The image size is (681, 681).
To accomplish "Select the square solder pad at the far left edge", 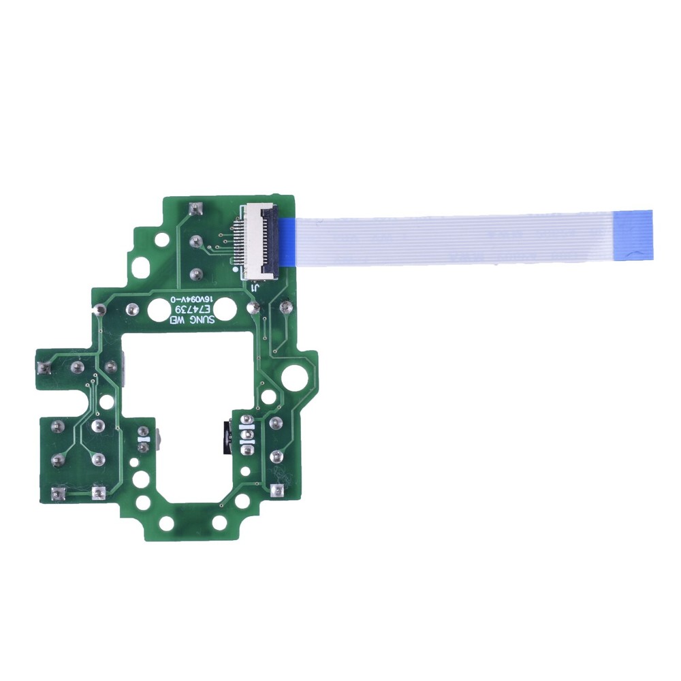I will [x=46, y=368].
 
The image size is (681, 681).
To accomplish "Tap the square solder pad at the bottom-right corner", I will [x=276, y=490].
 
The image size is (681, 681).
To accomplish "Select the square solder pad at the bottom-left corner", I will [x=57, y=492].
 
